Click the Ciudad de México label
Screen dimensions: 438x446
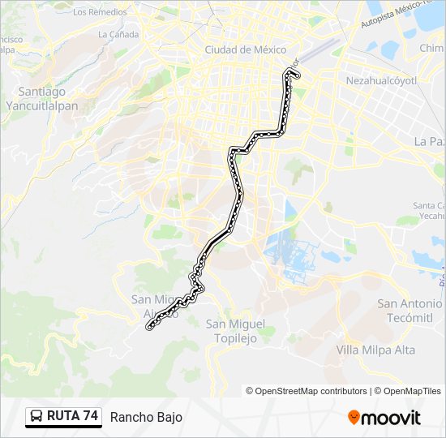tap(234, 49)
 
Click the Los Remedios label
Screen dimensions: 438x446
tap(100, 12)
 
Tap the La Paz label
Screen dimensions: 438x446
tap(429, 140)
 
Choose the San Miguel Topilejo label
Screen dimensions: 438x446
tap(234, 331)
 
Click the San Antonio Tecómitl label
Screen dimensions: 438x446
tap(410, 310)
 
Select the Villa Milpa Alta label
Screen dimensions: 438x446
tap(375, 350)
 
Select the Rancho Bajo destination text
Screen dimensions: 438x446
tap(146, 417)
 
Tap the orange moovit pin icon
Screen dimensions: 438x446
tap(354, 418)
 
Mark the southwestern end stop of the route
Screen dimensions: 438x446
tap(148, 328)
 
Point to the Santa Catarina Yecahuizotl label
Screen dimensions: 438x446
tap(430, 211)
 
